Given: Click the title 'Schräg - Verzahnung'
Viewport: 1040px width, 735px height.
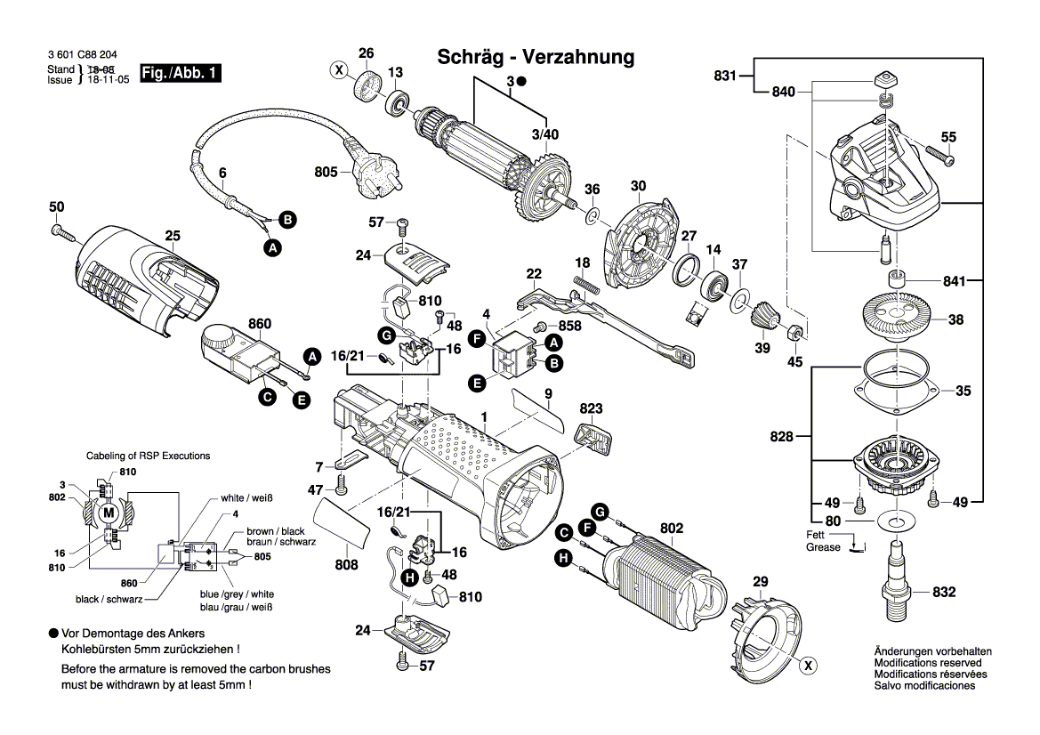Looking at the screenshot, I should [536, 58].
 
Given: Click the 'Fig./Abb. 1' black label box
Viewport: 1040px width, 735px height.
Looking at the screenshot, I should [181, 74].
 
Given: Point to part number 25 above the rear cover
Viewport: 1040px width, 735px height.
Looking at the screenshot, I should [172, 236].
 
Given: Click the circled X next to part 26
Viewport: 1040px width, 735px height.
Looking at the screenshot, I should [338, 69].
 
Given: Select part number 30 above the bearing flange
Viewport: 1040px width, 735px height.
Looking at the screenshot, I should [638, 186].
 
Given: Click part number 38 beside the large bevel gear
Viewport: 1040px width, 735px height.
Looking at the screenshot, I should [955, 319].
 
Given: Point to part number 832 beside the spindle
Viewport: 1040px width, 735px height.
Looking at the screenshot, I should [944, 592].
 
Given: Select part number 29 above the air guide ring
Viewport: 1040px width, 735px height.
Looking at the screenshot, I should [759, 582].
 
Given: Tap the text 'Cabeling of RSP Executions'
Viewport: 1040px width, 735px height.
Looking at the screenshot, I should [148, 456].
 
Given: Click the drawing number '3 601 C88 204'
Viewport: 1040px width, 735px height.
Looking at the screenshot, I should [85, 56].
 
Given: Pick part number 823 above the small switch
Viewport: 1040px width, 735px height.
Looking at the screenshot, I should [591, 408].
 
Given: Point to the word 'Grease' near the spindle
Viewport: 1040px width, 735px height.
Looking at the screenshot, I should [823, 547].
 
